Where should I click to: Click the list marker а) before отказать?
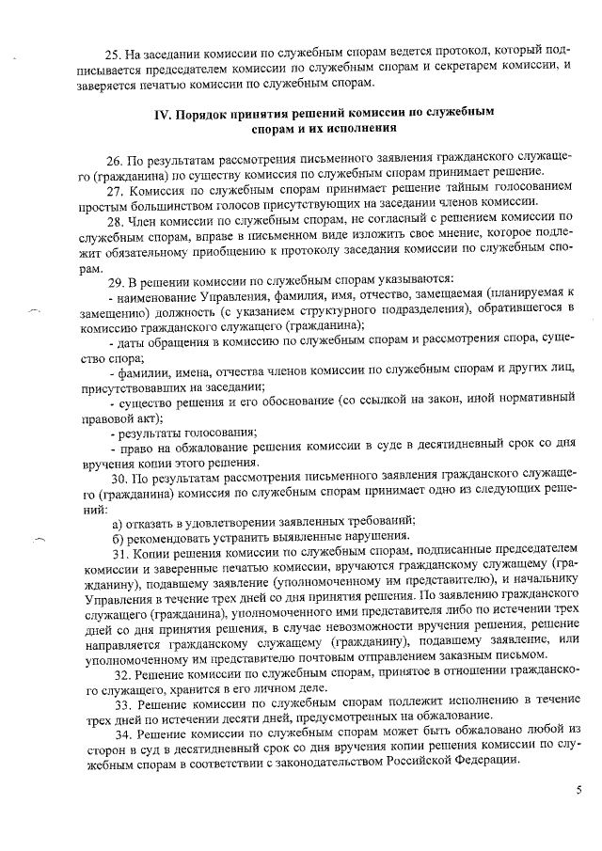point(118,522)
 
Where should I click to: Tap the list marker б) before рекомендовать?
point(118,537)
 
